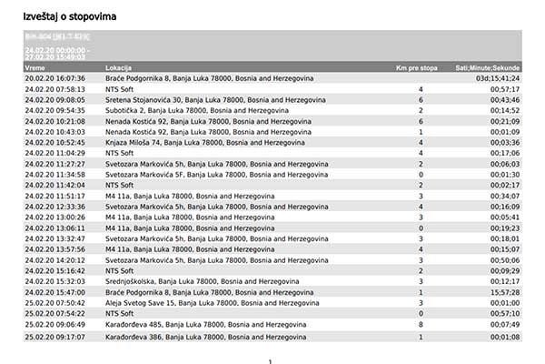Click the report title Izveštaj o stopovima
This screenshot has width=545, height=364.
77,16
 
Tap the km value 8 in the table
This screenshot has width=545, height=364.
421,324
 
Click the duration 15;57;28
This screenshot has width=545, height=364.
504,292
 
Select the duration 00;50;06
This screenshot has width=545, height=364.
504,260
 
